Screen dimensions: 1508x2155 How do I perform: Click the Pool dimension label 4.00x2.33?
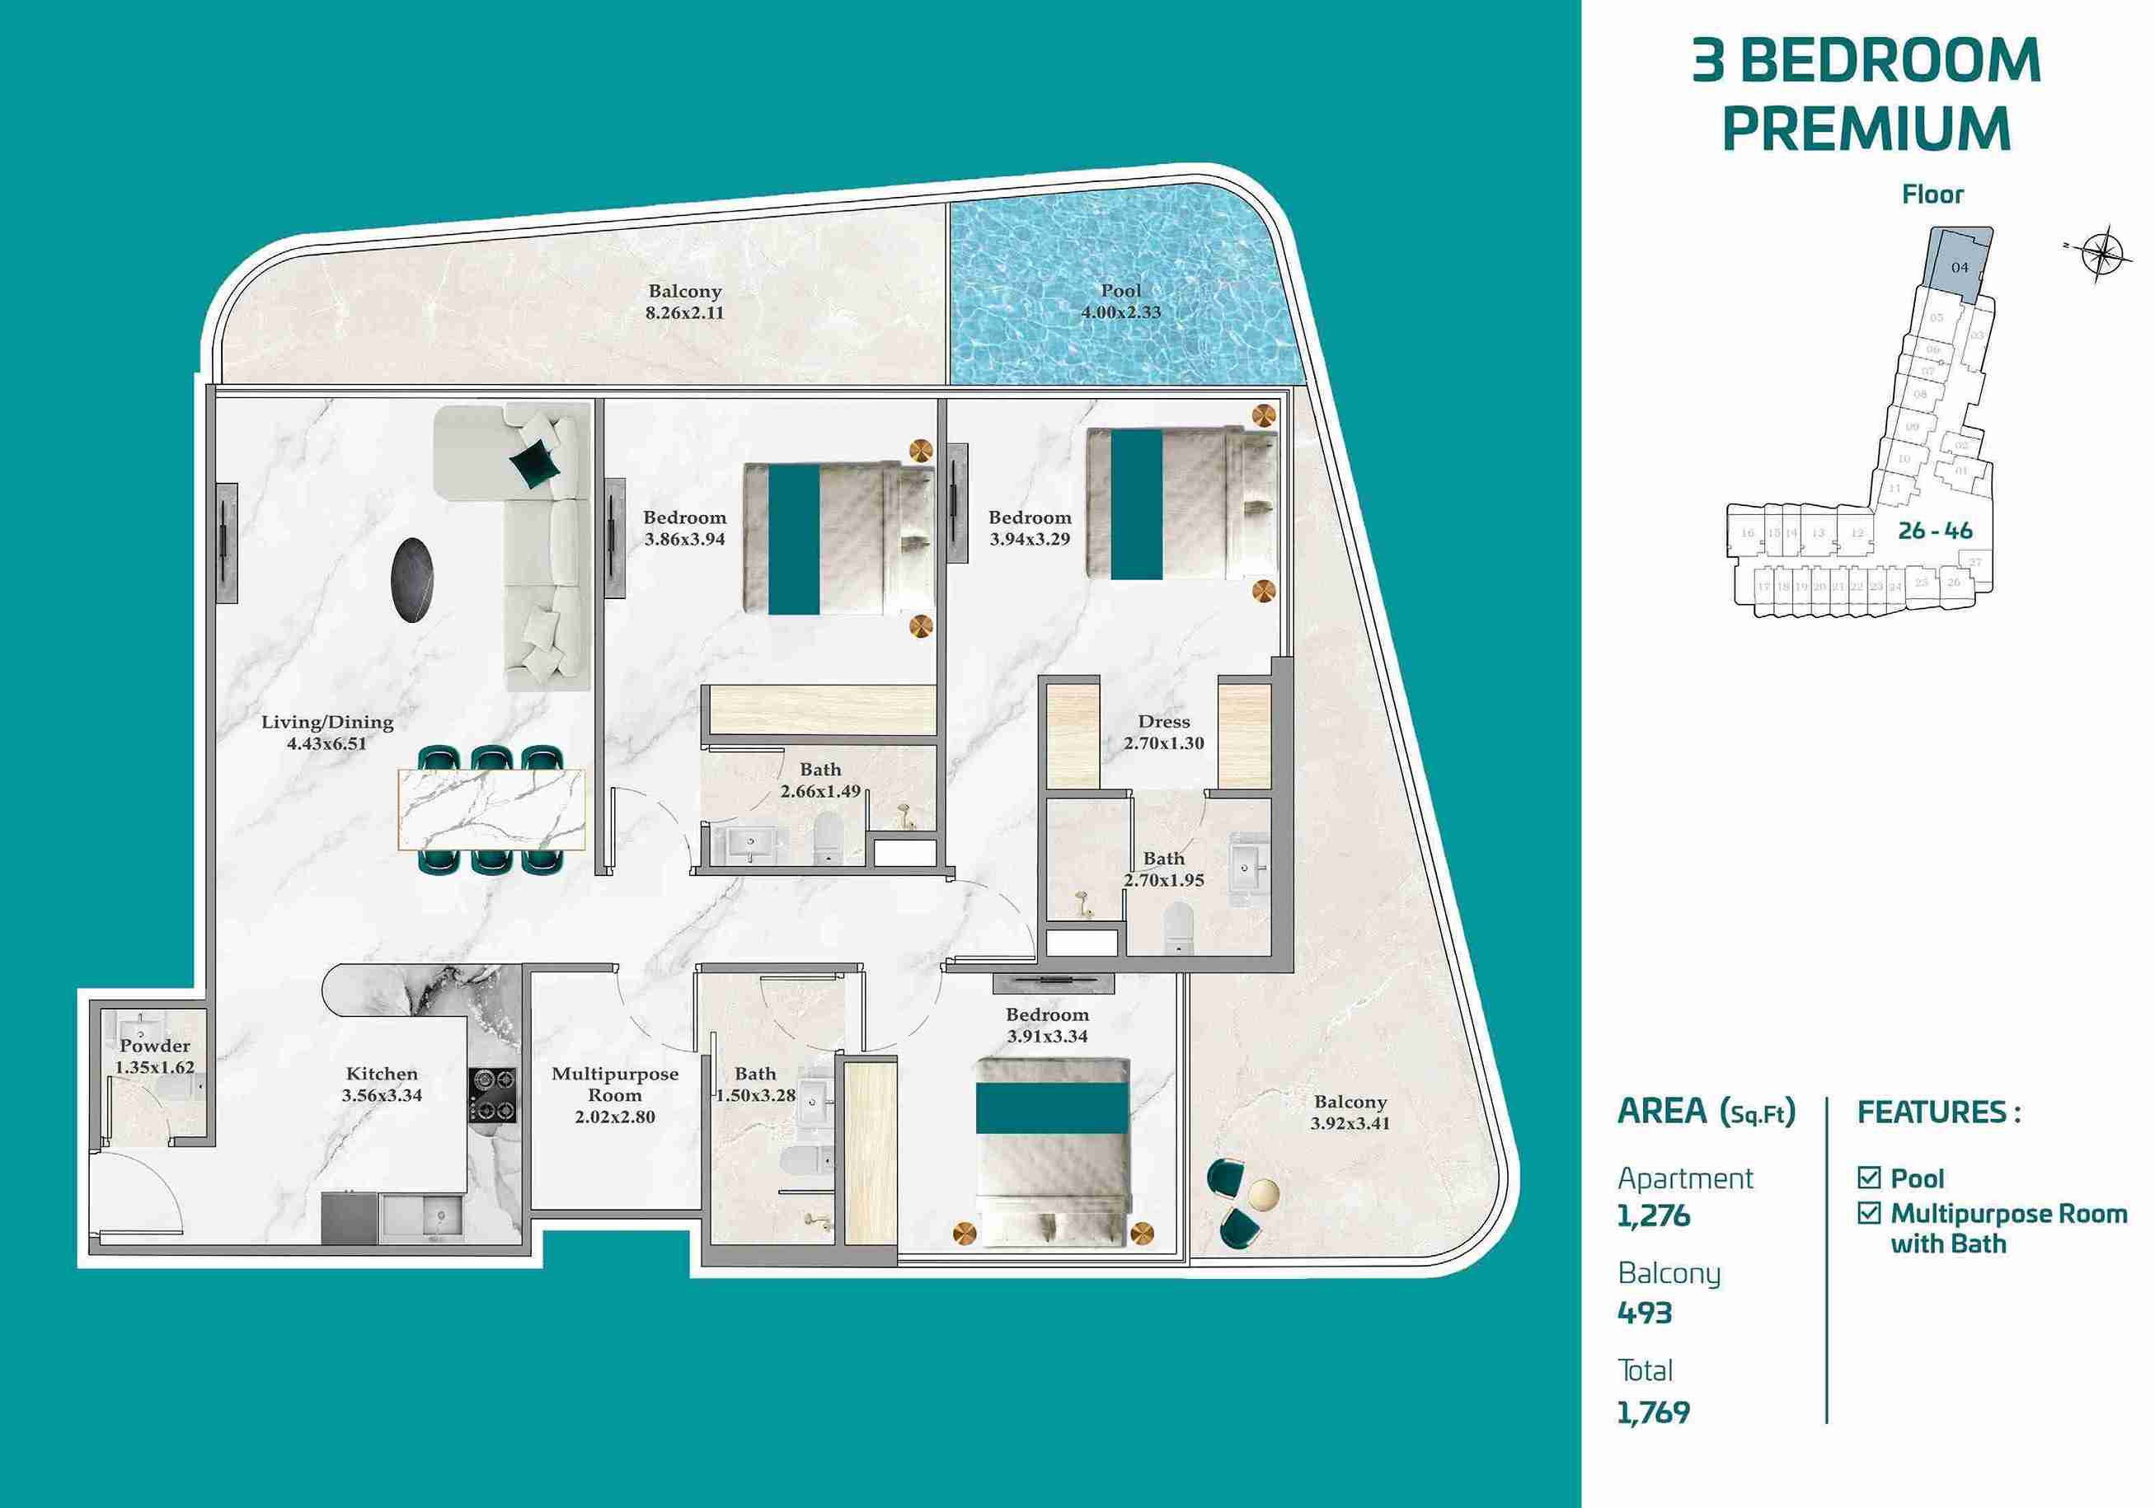coord(1120,312)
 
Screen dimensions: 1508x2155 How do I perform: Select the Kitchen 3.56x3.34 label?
coord(381,1084)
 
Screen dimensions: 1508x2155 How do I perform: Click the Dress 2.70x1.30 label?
coord(1164,732)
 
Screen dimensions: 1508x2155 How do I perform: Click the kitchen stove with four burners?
coord(493,1094)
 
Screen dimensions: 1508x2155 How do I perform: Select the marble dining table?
coord(492,810)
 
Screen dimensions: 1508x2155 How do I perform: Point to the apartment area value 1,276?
coord(1653,1216)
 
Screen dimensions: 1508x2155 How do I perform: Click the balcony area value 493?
coord(1645,1313)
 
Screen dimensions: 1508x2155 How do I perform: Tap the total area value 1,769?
coord(1653,1412)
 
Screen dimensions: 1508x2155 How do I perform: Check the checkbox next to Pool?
coord(1869,1177)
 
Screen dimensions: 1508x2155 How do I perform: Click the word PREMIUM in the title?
coord(1866,129)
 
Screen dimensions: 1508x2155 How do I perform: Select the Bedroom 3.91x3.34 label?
coord(1048,1025)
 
